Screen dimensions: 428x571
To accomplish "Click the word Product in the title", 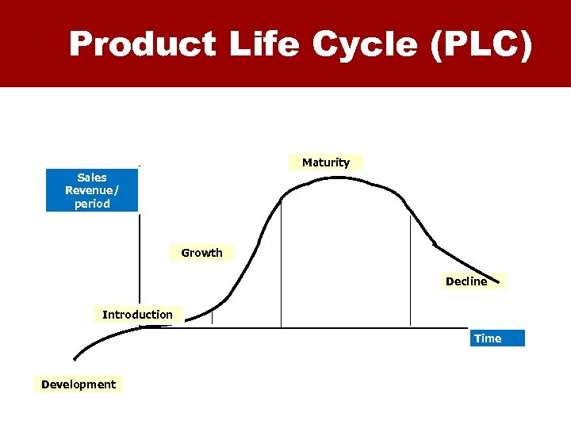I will tap(142, 44).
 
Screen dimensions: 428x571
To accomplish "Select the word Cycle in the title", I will tap(365, 44).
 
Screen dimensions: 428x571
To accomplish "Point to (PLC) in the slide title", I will tap(481, 44).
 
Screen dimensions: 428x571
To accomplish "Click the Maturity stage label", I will tap(325, 162).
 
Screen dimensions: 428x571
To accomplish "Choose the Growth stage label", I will tap(201, 253).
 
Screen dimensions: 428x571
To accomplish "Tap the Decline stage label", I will tap(466, 281).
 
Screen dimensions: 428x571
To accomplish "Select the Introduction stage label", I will tap(137, 315).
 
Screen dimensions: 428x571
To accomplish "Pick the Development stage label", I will tap(79, 384).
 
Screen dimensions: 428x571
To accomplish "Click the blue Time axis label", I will tap(488, 338).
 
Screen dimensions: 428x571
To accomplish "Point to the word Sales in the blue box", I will tap(92, 178).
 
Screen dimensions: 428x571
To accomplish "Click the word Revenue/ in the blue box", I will tap(92, 190).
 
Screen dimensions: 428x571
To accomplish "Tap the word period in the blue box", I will tap(92, 204).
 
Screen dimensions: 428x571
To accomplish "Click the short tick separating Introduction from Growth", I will tap(213, 317).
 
